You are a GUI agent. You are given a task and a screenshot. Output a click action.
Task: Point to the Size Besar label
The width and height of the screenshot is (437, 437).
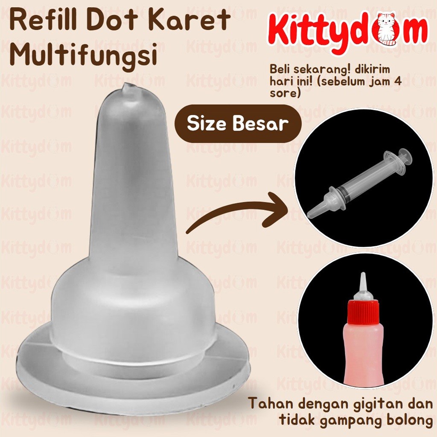pyautogui.click(x=237, y=124)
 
